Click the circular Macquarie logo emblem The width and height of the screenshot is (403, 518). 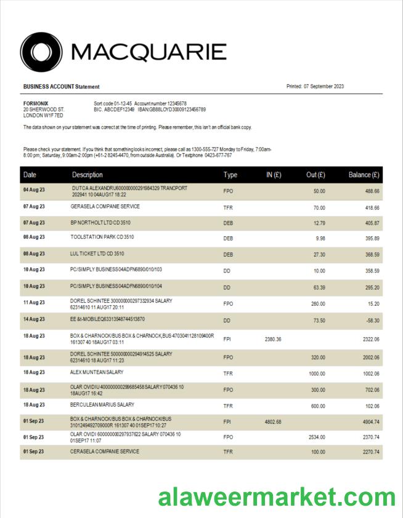pyautogui.click(x=41, y=52)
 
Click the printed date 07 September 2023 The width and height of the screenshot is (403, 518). pyautogui.click(x=324, y=86)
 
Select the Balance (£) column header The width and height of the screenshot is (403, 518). pyautogui.click(x=364, y=175)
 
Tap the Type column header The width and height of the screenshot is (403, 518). pyautogui.click(x=230, y=175)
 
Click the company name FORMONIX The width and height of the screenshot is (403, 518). pyautogui.click(x=36, y=103)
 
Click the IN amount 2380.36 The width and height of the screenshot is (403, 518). pyautogui.click(x=273, y=339)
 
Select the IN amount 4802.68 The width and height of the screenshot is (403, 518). pyautogui.click(x=273, y=421)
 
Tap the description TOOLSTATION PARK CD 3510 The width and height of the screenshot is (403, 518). pyautogui.click(x=102, y=237)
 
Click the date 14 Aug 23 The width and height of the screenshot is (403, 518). pyautogui.click(x=34, y=319)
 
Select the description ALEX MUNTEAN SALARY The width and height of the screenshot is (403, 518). pyautogui.click(x=97, y=372)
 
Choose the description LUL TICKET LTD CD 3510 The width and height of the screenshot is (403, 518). pyautogui.click(x=97, y=253)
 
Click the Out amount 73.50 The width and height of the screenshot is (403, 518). pyautogui.click(x=318, y=320)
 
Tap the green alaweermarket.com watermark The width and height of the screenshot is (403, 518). pyautogui.click(x=276, y=496)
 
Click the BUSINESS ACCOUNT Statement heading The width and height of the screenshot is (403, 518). pyautogui.click(x=61, y=87)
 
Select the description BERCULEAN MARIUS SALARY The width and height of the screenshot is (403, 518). pyautogui.click(x=102, y=405)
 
